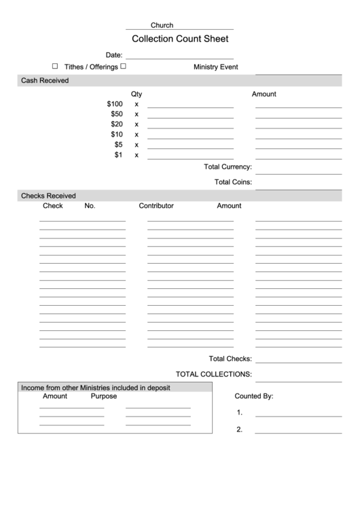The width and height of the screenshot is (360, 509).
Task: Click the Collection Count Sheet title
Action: pos(180,39)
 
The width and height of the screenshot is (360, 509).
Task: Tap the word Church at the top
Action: pos(162,25)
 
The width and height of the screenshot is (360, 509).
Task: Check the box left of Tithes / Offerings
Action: pos(55,67)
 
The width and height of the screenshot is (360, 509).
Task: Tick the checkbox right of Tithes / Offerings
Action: pos(123,67)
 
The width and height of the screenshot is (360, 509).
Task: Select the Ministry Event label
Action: pos(215,67)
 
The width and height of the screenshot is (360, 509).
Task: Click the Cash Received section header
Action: pos(45,80)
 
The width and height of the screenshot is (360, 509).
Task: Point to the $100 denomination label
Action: pos(115,104)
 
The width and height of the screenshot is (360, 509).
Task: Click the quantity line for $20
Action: pos(190,127)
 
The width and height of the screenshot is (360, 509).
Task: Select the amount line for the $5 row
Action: pos(298,147)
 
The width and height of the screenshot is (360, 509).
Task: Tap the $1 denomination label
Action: pos(118,155)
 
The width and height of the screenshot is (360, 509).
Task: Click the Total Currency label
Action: pos(228,167)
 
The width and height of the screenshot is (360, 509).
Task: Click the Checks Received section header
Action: pos(48,196)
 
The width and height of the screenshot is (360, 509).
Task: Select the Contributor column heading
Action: pos(156,205)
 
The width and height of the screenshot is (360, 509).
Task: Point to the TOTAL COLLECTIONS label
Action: pos(214,374)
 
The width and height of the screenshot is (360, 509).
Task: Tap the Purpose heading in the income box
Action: pos(104,396)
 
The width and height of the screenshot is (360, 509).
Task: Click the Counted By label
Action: pos(253,396)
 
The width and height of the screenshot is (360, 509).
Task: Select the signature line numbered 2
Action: pos(298,432)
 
